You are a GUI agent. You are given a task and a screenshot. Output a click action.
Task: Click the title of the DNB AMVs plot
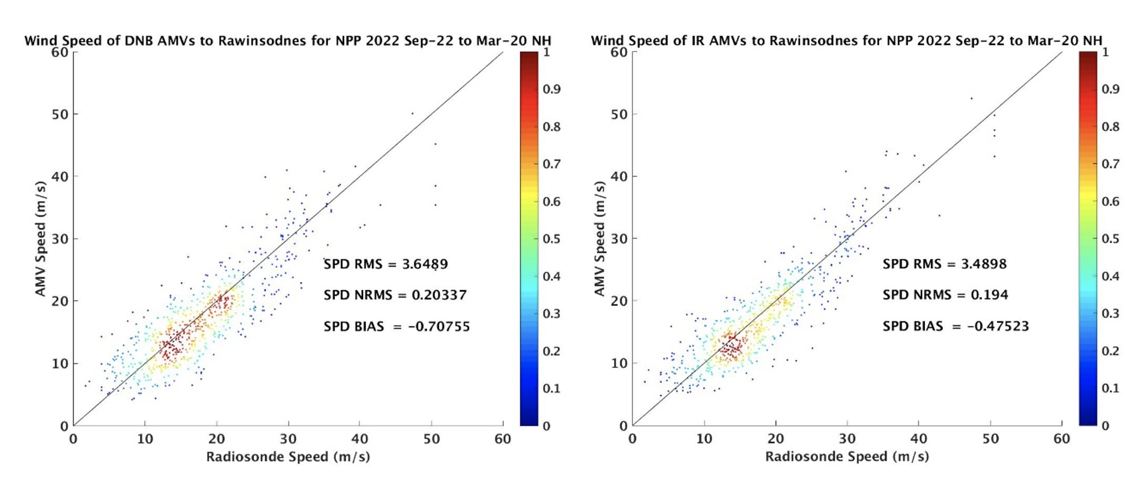(288, 41)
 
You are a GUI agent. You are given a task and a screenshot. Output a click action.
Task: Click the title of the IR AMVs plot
(847, 41)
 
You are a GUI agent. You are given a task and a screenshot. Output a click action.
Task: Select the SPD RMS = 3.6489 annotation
(386, 264)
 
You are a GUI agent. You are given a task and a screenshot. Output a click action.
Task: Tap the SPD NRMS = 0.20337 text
(395, 295)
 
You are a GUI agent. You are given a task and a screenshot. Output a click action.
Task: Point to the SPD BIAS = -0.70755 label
(396, 327)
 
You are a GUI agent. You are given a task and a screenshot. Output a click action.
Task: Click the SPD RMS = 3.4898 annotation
(945, 264)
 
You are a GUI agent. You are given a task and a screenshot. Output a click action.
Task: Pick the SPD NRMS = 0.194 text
(945, 295)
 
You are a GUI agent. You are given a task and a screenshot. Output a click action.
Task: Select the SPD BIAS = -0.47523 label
(955, 326)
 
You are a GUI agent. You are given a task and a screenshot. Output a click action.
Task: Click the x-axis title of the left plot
(288, 457)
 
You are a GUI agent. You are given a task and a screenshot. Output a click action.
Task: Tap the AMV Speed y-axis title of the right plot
(600, 238)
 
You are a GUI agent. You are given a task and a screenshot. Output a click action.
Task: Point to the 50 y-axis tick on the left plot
(60, 114)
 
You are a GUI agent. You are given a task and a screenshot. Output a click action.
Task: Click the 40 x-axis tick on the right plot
(919, 438)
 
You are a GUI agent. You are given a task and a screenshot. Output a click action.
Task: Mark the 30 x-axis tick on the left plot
(288, 438)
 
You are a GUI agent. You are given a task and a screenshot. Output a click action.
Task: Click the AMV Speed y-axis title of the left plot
(41, 238)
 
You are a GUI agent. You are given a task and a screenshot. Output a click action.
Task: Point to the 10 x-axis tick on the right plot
(704, 438)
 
